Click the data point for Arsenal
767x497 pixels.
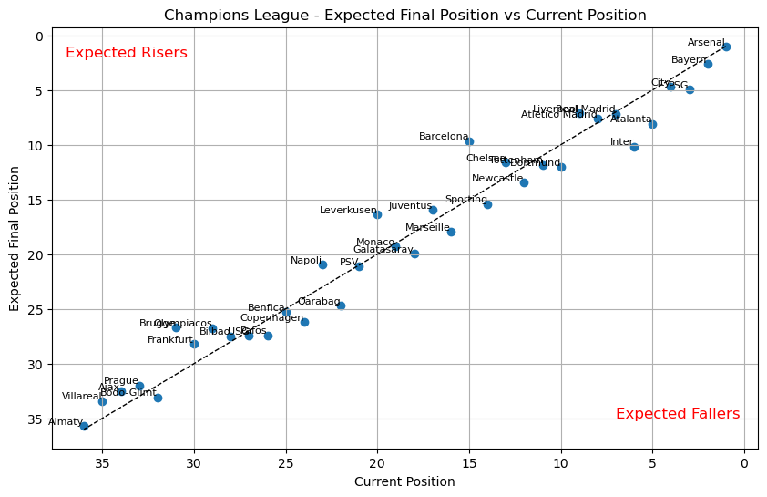pos(726,47)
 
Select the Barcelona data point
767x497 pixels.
pos(469,141)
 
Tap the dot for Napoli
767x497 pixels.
pos(322,264)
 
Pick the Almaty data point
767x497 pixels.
pos(84,426)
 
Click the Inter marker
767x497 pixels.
pos(634,147)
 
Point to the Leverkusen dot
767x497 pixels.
pos(377,214)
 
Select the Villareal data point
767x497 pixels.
pos(102,401)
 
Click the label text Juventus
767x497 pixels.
pos(410,206)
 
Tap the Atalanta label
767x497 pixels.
pos(631,119)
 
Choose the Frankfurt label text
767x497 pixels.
pos(170,340)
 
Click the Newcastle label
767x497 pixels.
pos(497,179)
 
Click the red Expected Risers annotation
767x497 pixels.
pos(127,53)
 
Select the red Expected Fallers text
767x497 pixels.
pos(678,414)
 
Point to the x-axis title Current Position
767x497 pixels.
pos(404,481)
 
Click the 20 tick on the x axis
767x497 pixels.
pos(377,463)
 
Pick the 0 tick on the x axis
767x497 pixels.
pos(744,463)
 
